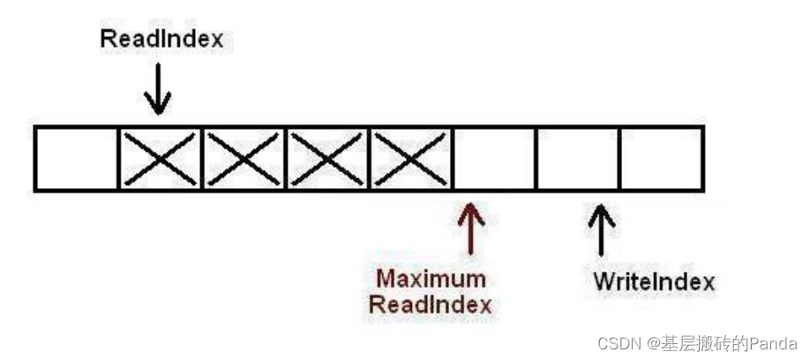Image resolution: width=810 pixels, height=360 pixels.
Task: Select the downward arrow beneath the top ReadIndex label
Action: click(x=158, y=92)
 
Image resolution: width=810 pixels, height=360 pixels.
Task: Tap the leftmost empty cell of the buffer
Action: click(x=77, y=159)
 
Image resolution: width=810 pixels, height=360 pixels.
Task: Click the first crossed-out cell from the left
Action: click(x=160, y=159)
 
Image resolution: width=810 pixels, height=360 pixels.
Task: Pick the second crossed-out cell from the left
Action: click(x=244, y=159)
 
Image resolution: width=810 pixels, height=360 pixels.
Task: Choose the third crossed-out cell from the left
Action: click(x=327, y=159)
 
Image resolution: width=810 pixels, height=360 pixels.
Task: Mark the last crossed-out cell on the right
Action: click(x=410, y=159)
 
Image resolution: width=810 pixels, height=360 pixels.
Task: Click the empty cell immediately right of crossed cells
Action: click(x=494, y=159)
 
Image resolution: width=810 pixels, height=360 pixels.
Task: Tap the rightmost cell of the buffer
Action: click(x=661, y=159)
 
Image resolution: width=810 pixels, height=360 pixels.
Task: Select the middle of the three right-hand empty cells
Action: click(x=578, y=159)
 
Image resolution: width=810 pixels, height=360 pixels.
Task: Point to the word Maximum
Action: click(x=431, y=279)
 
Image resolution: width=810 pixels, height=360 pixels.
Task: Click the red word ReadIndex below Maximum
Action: click(x=431, y=305)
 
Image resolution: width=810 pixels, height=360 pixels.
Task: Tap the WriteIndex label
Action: click(x=654, y=283)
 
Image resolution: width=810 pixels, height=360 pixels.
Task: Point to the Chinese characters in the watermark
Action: click(x=701, y=342)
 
